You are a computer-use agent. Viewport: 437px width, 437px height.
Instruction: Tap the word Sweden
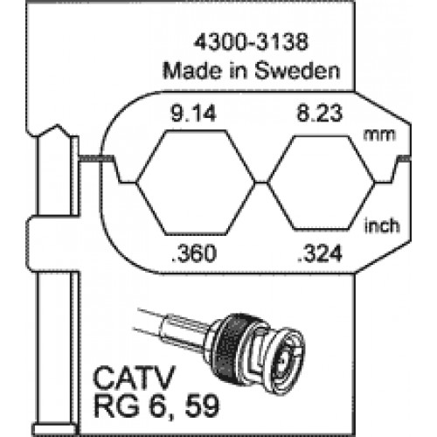click(297, 71)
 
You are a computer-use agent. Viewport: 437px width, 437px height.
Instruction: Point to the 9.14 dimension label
click(193, 113)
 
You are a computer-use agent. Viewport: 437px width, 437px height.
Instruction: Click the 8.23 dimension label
click(320, 113)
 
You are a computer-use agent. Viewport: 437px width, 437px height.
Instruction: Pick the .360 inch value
click(194, 253)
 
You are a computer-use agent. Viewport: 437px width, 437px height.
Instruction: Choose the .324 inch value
click(320, 253)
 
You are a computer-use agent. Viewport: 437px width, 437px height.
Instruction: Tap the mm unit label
click(379, 135)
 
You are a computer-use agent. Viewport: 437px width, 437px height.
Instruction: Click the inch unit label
click(382, 225)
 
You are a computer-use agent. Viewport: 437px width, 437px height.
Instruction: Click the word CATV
click(134, 378)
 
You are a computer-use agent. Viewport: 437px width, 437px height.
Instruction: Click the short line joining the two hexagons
click(261, 183)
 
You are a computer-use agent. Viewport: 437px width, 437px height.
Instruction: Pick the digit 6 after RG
click(156, 406)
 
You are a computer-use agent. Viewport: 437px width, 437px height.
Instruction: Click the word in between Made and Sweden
click(238, 71)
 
